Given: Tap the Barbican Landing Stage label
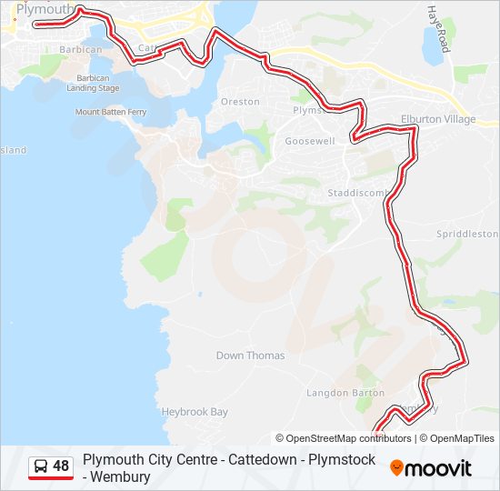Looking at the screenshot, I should [x=98, y=83].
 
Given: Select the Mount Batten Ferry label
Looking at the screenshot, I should [x=111, y=112].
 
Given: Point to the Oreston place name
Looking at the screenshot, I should [x=240, y=102].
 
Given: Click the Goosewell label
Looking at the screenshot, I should [x=310, y=142].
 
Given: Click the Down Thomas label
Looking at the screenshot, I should [x=250, y=356].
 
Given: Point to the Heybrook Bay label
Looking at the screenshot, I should [x=195, y=412].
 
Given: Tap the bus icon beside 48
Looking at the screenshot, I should [x=41, y=466].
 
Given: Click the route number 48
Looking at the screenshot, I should [x=61, y=466].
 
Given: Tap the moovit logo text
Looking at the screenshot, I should [x=439, y=468].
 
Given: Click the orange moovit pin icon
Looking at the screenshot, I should [x=396, y=468].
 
